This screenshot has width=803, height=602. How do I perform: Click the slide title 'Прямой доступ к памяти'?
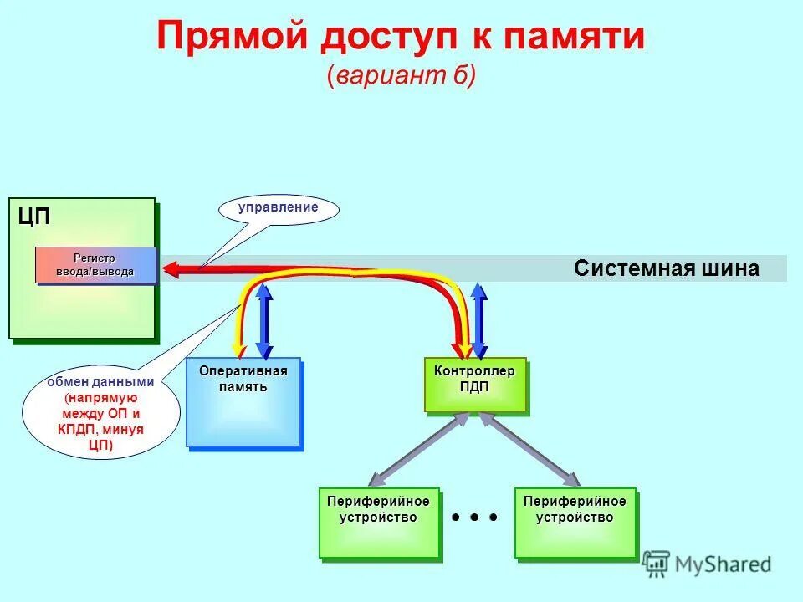point(401,38)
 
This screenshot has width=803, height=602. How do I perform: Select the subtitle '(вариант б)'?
point(401,75)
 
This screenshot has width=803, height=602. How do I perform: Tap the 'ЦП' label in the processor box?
point(34,216)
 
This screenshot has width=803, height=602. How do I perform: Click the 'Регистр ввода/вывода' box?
point(95,265)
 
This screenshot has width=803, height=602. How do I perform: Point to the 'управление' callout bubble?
point(279,209)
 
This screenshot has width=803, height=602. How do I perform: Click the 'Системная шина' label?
point(667,268)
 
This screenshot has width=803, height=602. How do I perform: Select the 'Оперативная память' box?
point(243,403)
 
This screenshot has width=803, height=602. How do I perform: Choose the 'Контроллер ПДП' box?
point(474,385)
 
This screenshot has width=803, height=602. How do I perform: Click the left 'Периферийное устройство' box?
point(378,523)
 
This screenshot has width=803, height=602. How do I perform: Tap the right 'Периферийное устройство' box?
point(575,523)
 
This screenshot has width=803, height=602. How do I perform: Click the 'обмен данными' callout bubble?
point(100,414)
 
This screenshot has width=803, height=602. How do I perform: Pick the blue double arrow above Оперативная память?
point(264,321)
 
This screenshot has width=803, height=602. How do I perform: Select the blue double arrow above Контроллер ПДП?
point(479,321)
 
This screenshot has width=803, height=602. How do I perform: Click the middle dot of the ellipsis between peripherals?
point(474,518)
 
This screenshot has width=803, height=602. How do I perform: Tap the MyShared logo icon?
point(657,564)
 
